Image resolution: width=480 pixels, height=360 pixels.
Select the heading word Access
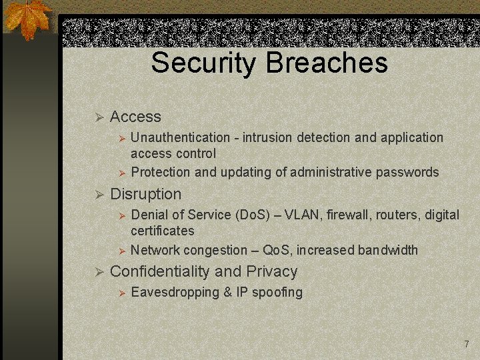[135, 117]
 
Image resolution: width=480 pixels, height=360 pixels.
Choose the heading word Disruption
[145, 195]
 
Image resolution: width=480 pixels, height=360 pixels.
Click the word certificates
[163, 231]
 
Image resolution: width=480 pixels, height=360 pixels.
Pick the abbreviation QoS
[276, 251]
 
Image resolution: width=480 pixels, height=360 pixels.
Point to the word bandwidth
[388, 251]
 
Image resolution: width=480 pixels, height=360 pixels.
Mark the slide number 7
[467, 344]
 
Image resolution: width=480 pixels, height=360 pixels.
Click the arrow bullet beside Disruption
[99, 195]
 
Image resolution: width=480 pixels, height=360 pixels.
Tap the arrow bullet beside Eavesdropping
[122, 293]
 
